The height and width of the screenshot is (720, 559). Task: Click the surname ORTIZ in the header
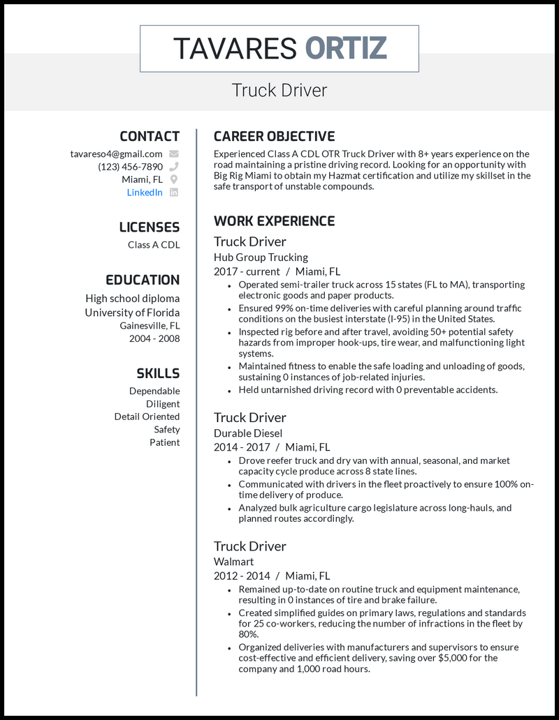pos(346,48)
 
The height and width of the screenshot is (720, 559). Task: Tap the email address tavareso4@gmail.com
pos(117,153)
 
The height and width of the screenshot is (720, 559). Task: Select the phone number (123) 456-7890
pos(131,167)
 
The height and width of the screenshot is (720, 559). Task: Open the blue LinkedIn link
pos(145,192)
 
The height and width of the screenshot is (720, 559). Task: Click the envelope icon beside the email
pos(174,153)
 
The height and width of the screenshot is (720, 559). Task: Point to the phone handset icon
pos(174,167)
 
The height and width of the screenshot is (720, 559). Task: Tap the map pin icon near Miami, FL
pos(174,179)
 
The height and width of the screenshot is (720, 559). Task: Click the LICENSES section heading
pos(149,227)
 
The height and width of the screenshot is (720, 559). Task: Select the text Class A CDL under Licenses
pos(154,244)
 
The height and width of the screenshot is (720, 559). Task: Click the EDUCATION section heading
pos(143,280)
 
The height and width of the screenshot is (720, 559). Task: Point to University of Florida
pos(132,313)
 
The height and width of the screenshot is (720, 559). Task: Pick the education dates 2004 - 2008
pos(154,338)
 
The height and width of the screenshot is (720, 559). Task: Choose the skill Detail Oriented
pos(147,417)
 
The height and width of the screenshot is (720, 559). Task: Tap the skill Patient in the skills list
pos(164,442)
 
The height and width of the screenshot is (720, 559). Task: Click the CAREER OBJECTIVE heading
pos(274,136)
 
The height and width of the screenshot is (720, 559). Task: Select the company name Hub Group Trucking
pos(261,257)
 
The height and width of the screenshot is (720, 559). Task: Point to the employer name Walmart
pos(233,562)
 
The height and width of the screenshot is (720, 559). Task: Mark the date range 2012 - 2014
pos(242,576)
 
